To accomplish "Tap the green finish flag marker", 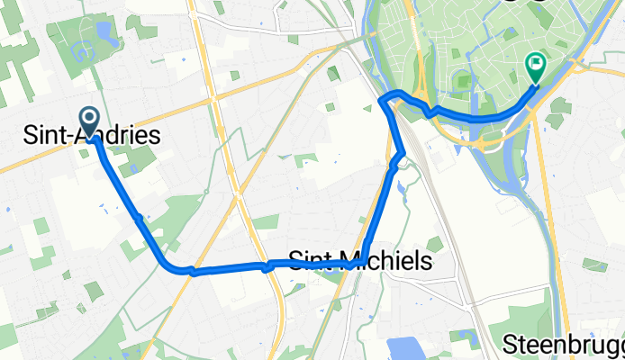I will click(x=535, y=66).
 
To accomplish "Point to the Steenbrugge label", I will click(x=564, y=345).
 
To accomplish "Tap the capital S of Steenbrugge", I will click(x=510, y=345).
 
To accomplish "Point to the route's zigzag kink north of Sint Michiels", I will click(x=399, y=158).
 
